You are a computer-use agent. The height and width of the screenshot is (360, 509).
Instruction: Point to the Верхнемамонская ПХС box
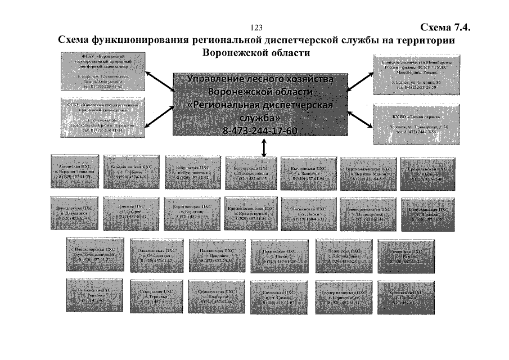(x=368, y=172)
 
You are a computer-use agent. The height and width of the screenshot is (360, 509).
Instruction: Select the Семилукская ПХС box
(x=217, y=297)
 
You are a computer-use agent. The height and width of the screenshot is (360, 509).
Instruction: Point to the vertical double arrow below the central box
(x=264, y=146)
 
